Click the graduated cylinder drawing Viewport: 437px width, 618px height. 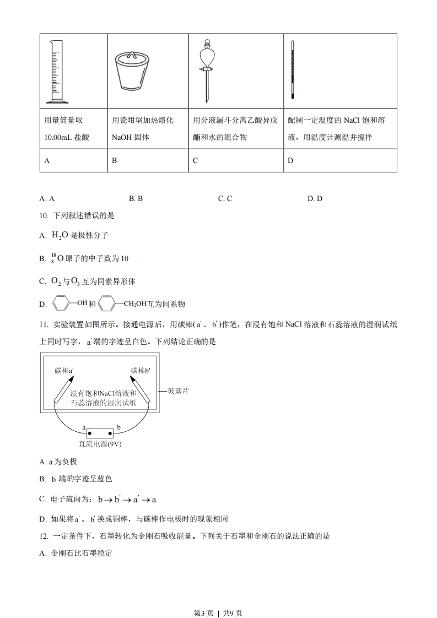56,71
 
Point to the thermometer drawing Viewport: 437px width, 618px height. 292,69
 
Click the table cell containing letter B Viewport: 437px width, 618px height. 147,161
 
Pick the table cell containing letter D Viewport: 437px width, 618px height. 340,161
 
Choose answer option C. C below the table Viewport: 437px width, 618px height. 225,198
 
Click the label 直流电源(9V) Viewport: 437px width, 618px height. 101,444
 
